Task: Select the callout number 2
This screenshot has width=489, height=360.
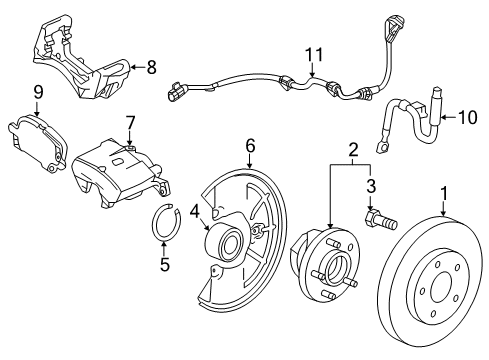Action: click(351, 150)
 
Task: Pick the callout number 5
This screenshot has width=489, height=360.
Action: click(166, 267)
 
